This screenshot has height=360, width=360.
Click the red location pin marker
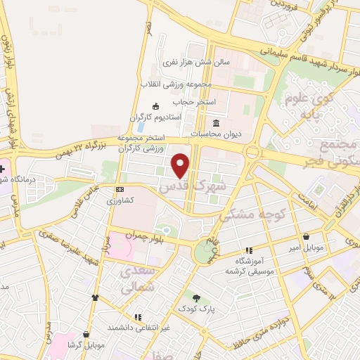point(181,165)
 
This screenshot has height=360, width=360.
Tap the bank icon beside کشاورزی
point(120,188)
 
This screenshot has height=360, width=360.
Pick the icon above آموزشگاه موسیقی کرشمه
point(248,250)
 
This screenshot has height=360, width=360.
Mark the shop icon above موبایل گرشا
point(86,334)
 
